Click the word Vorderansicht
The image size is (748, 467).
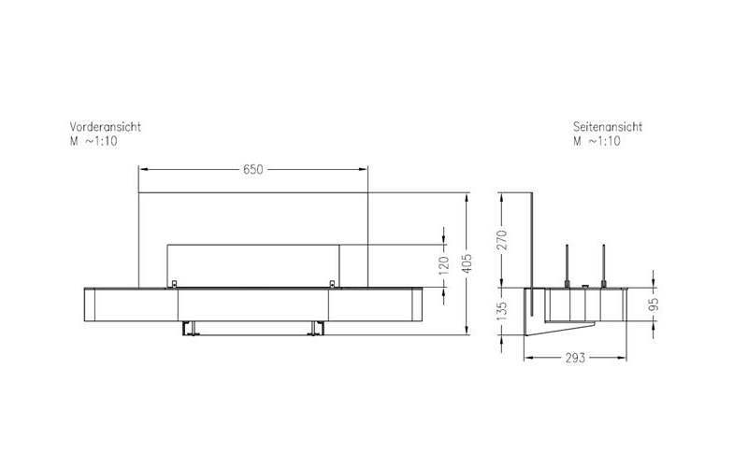[106, 126]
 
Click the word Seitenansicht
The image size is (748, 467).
[608, 126]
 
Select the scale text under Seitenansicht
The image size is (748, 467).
[598, 141]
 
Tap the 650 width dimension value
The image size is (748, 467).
[253, 169]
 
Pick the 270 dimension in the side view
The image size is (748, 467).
[501, 239]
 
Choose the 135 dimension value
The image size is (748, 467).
[501, 309]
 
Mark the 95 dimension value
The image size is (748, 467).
[654, 304]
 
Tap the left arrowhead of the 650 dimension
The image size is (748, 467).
[143, 169]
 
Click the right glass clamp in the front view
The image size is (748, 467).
[333, 283]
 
